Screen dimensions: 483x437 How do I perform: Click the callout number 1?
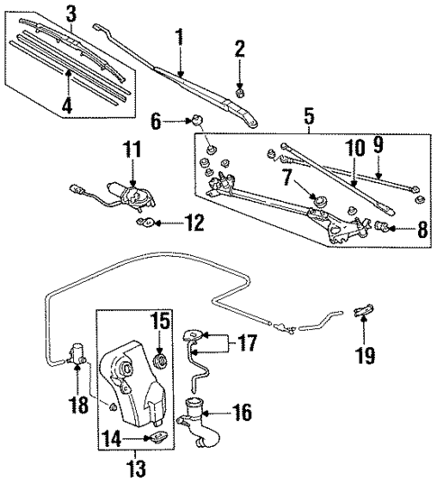(x=178, y=37)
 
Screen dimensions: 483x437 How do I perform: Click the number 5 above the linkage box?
(x=309, y=115)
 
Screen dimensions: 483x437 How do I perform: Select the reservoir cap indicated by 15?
(x=161, y=361)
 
